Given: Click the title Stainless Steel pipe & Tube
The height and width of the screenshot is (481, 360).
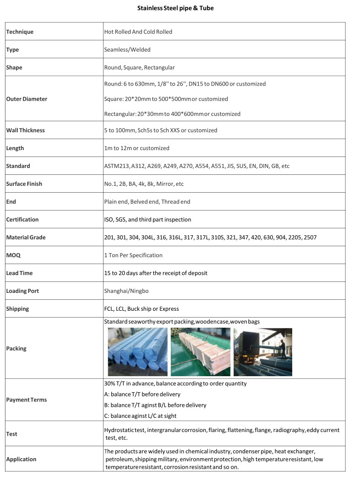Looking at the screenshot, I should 175,8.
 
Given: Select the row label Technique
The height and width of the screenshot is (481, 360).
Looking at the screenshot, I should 20,32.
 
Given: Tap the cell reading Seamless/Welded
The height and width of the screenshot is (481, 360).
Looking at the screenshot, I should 127,49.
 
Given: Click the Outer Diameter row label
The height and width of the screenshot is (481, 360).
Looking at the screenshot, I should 27,99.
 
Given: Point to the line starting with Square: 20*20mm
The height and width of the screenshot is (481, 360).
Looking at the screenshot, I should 166,99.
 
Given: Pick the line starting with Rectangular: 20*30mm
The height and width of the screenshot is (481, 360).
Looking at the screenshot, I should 172,114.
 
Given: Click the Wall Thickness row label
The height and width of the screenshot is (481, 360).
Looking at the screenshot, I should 25,130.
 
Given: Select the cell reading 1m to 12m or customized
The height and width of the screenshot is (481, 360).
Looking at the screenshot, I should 136,148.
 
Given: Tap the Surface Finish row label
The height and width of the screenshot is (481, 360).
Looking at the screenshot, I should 24,184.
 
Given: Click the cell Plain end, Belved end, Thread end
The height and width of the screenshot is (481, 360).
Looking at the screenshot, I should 147,202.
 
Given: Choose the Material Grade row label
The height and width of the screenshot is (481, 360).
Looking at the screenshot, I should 26,238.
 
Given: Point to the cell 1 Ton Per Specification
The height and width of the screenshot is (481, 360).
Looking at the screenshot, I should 133,255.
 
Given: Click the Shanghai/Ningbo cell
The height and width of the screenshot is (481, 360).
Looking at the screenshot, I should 126,291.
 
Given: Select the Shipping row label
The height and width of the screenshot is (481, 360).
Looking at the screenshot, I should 17,309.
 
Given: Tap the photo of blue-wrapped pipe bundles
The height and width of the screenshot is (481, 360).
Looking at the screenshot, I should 137,352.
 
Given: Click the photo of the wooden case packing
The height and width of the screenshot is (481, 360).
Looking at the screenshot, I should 200,352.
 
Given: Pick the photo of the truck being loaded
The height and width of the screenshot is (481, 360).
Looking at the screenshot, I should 262,352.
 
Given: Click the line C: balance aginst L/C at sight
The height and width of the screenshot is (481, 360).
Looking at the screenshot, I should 140,416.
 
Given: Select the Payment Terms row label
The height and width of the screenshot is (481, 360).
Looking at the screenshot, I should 27,400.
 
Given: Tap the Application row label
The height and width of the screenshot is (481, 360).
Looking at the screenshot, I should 21,459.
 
